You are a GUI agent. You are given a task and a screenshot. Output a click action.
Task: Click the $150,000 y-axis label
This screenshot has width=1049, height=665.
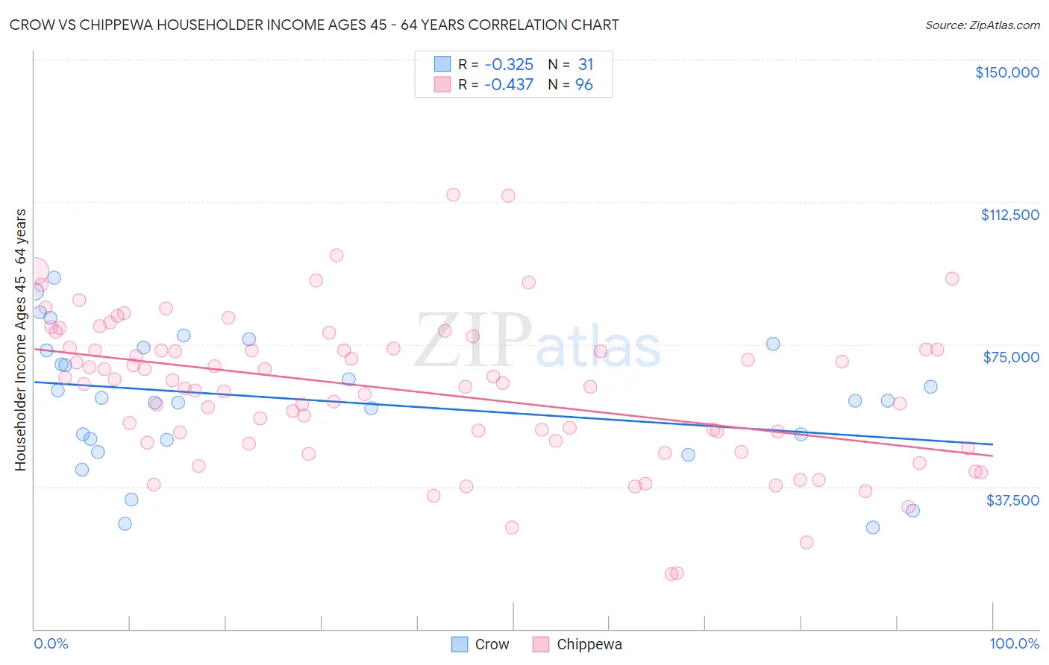coord(1006,72)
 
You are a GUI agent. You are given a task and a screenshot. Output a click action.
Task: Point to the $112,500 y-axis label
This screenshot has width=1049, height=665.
coord(1009,215)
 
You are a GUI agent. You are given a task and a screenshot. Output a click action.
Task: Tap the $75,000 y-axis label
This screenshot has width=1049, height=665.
coord(1011,357)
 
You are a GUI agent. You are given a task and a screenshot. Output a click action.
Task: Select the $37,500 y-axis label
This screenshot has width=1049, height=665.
coord(1012,500)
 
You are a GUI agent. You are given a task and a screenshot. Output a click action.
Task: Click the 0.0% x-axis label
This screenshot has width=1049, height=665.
coord(51,643)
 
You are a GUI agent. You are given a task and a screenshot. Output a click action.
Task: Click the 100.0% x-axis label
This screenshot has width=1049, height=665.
coord(1014,643)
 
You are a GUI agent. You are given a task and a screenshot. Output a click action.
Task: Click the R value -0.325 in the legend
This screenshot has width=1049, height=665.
coord(508,65)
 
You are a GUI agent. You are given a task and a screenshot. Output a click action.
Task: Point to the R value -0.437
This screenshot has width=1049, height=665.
coord(508,85)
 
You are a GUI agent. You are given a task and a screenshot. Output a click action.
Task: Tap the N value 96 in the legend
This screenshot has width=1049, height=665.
coord(583,85)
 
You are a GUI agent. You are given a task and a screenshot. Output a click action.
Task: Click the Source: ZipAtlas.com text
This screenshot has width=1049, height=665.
coord(982,25)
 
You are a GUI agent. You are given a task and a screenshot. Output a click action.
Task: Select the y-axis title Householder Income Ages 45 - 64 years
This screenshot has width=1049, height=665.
coord(21,340)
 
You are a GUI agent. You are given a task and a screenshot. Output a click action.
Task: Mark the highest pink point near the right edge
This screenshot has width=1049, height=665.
coord(951,279)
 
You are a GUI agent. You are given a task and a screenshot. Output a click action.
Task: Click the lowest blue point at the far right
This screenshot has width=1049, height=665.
coord(912,511)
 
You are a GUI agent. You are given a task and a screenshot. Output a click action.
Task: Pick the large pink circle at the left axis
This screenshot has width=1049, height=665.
coord(34,273)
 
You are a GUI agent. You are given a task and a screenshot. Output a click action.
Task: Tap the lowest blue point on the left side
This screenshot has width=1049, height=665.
coord(125,524)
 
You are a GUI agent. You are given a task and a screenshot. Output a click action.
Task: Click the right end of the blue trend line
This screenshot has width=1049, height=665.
coord(992,444)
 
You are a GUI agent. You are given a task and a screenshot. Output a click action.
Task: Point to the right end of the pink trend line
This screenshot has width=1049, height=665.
coord(992,455)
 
